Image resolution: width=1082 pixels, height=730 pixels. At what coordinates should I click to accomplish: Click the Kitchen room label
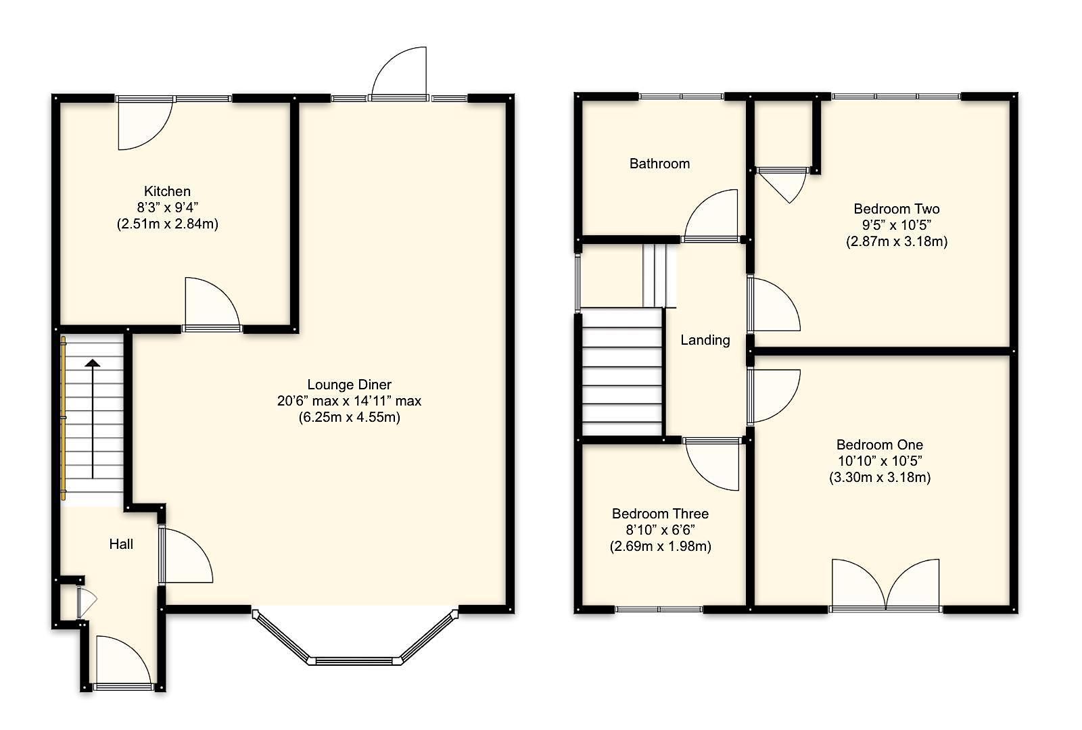tap(167, 191)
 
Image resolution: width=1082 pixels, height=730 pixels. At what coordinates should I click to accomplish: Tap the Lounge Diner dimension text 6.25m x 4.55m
tap(349, 417)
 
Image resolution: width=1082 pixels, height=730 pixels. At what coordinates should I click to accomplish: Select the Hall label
tap(121, 544)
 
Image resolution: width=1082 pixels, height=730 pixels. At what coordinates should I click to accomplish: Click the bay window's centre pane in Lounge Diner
tap(354, 660)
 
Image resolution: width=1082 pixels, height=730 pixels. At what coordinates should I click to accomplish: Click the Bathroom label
tap(659, 164)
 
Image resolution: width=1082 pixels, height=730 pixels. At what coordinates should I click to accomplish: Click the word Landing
tap(705, 340)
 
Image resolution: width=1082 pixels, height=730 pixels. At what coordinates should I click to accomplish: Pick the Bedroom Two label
tap(896, 209)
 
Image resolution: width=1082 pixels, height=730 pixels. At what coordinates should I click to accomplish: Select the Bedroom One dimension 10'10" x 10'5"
tap(879, 461)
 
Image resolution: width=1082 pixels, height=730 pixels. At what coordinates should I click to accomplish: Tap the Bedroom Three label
tap(660, 514)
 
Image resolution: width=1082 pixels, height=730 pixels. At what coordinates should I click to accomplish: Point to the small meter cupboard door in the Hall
tap(85, 602)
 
